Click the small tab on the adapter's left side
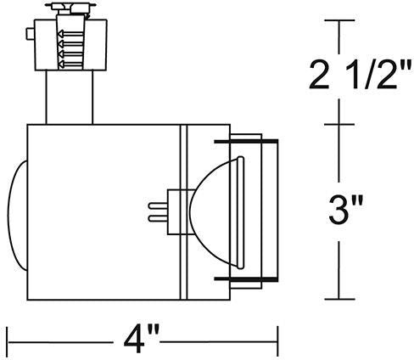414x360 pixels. [31, 36]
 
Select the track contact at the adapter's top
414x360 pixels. [72, 9]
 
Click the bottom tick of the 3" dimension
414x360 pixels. [339, 299]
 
